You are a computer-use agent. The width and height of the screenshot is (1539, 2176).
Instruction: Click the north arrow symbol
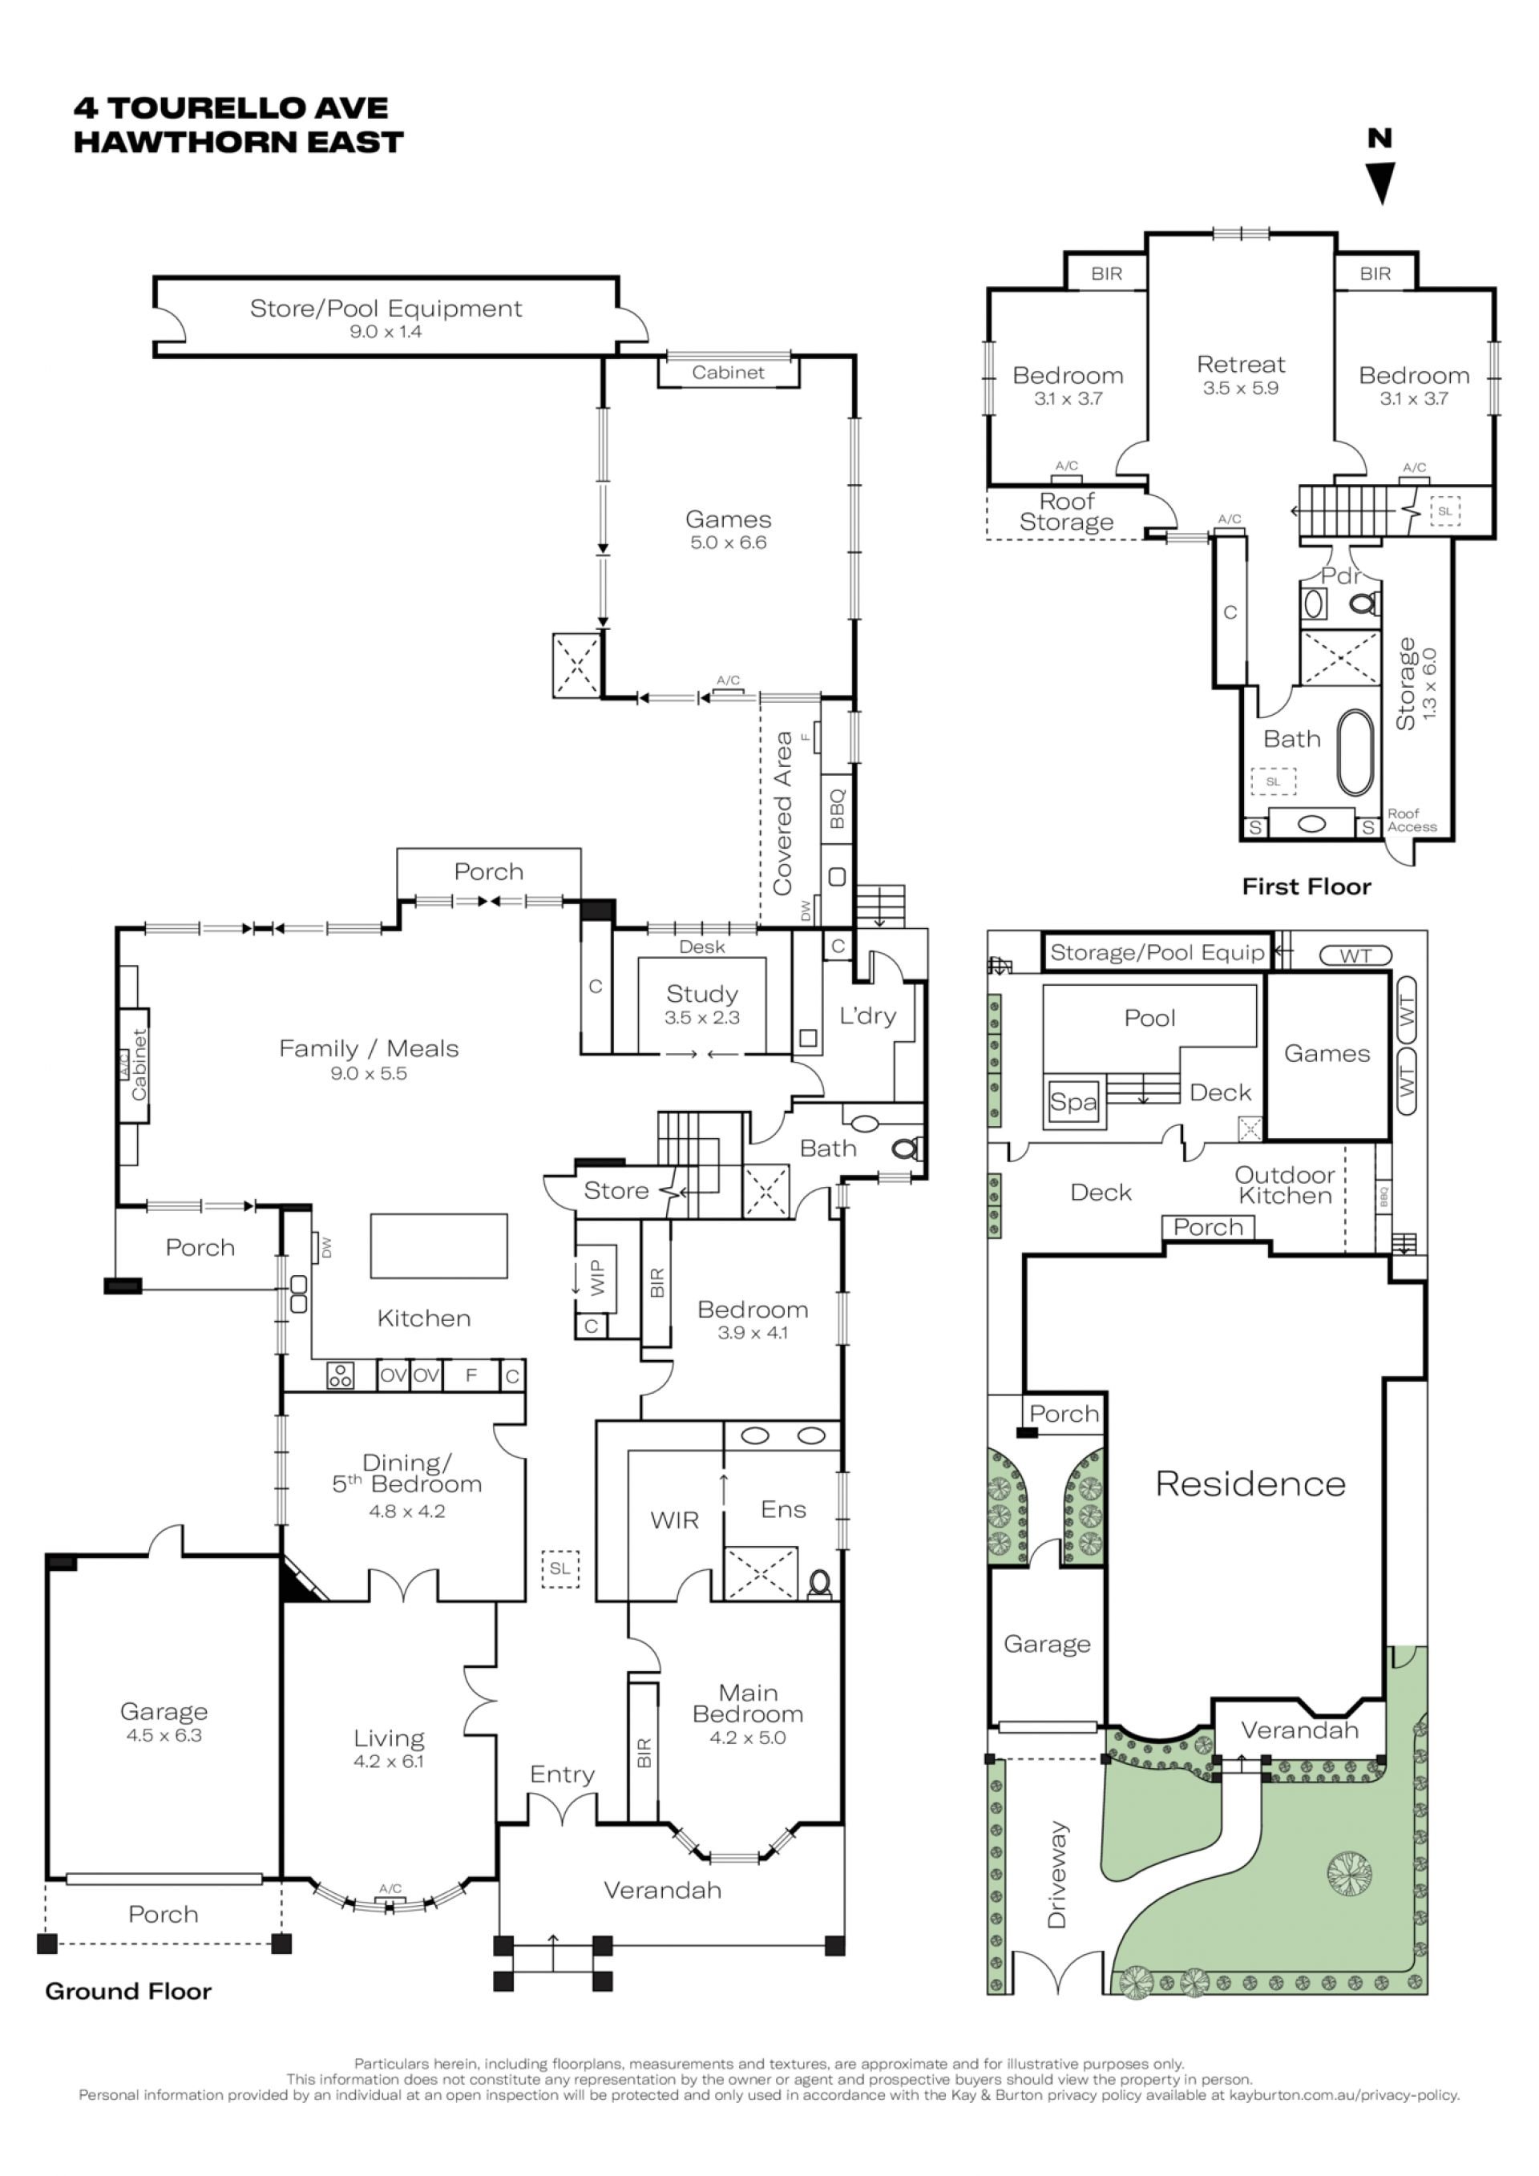1382,183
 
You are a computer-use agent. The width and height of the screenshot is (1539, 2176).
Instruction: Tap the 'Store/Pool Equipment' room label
386,309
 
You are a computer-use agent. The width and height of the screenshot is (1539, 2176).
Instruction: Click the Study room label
701,993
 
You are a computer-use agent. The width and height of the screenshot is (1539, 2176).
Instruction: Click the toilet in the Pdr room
1364,602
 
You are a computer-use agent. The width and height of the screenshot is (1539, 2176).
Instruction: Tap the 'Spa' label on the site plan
1072,1102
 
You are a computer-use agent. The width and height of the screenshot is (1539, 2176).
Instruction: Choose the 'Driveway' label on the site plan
1056,1873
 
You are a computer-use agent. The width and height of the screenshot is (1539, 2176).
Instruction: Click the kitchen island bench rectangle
438,1246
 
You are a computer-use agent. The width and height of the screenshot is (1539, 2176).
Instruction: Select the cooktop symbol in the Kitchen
340,1375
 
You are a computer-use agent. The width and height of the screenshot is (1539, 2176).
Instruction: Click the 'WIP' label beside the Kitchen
596,1277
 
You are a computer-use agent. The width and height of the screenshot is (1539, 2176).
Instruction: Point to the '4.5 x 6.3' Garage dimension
164,1735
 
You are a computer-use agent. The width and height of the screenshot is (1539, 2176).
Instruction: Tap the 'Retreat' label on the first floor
1241,365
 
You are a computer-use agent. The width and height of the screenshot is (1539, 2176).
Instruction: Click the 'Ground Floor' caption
128,1990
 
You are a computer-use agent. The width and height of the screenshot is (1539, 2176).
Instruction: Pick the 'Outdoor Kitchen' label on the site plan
1284,1185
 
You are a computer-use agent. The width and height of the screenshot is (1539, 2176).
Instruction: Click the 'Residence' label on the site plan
1250,1484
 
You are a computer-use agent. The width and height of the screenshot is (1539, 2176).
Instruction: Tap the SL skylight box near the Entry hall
560,1568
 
